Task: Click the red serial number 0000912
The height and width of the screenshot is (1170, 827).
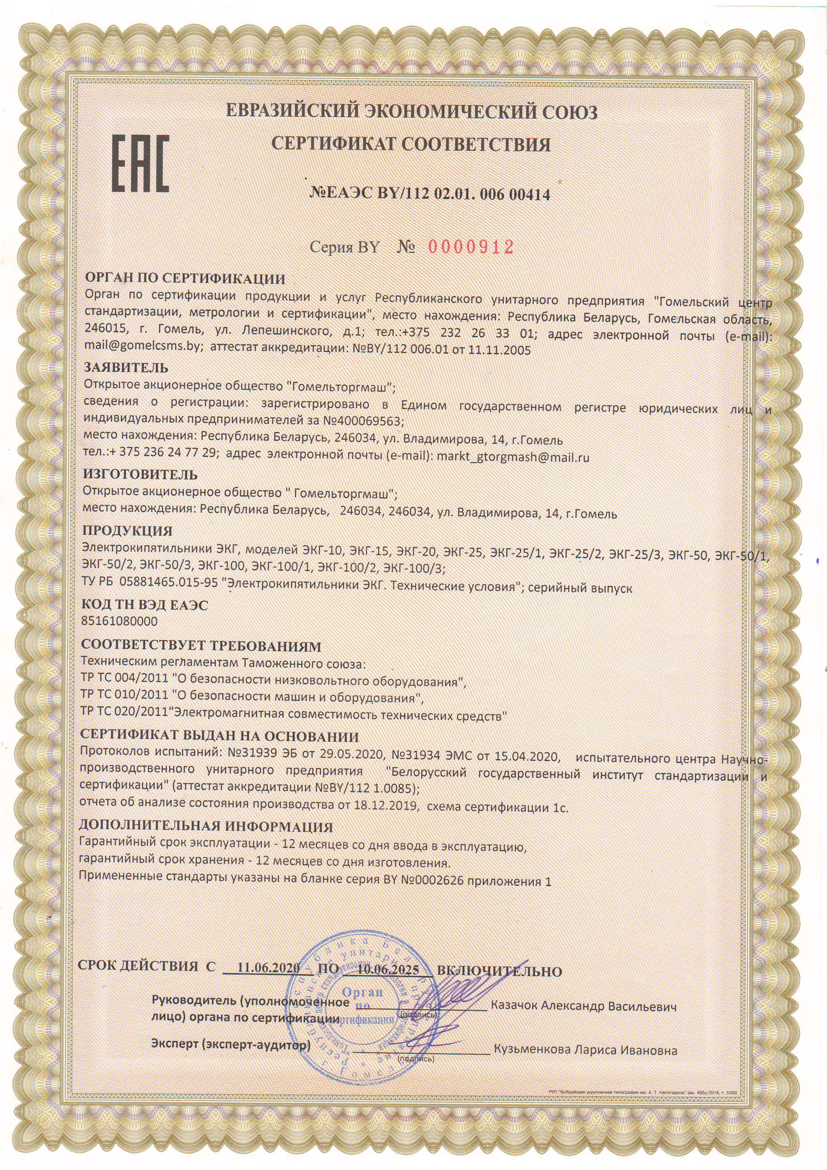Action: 470,247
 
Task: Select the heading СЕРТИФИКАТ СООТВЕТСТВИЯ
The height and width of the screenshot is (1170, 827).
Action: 411,144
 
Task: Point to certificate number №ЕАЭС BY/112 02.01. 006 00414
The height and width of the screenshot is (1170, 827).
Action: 430,194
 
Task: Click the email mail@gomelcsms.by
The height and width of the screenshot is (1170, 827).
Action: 141,350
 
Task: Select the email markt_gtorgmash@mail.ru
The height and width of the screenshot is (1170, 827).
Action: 513,457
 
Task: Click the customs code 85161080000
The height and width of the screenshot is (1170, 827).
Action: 119,621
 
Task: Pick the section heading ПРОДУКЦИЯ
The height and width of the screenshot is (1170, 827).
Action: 127,531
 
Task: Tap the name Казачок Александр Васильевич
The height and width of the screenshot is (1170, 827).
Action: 583,1006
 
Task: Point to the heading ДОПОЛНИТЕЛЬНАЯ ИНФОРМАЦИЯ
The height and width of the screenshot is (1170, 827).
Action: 207,827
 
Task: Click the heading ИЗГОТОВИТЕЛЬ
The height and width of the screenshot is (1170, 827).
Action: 140,474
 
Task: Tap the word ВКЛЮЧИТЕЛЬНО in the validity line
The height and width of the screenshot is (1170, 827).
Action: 499,971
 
